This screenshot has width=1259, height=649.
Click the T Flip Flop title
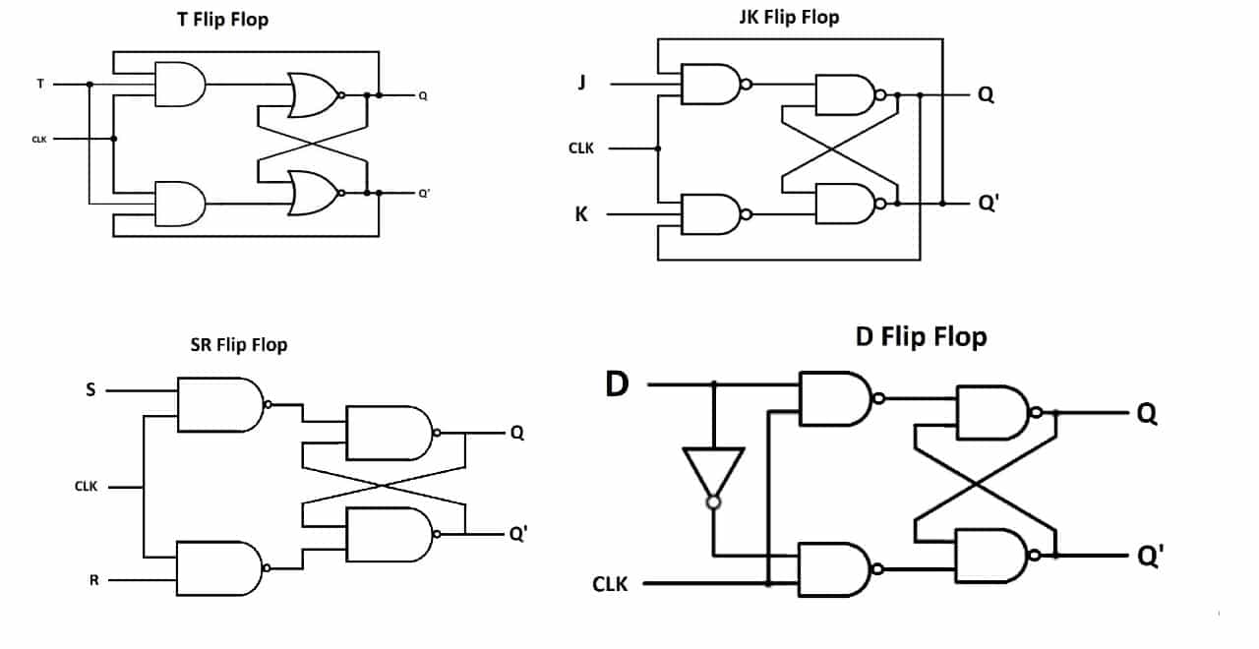tap(222, 20)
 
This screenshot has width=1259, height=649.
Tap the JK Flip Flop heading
tap(789, 18)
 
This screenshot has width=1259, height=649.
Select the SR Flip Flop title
tap(239, 344)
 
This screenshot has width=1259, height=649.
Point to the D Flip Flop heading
tap(922, 337)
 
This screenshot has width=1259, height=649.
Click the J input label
tap(582, 84)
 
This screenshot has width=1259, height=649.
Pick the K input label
tap(581, 214)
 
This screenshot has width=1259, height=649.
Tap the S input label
tap(90, 389)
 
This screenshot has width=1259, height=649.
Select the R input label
tap(93, 580)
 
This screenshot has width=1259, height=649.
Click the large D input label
tap(617, 384)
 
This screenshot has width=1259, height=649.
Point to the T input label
tap(40, 84)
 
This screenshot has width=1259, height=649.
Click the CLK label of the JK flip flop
tap(580, 148)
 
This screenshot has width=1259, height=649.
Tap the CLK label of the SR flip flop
tap(86, 486)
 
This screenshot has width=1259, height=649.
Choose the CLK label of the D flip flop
tap(610, 584)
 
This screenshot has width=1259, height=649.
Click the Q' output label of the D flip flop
tap(1151, 556)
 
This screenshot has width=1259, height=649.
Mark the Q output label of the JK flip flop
tap(986, 94)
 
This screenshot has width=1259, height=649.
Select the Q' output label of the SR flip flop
tap(518, 533)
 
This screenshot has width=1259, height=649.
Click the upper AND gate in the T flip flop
tap(180, 85)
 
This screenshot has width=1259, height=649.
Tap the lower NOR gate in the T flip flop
tap(316, 193)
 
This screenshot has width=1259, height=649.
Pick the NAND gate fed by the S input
tap(223, 404)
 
